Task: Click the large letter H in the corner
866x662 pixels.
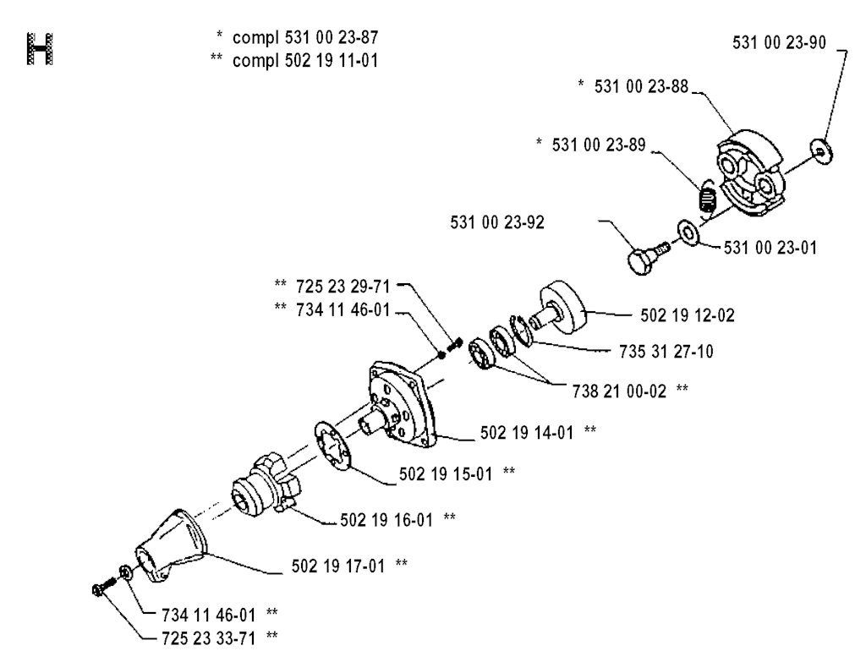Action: [40, 49]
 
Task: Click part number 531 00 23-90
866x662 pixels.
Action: [779, 42]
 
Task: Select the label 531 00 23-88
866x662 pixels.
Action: [641, 87]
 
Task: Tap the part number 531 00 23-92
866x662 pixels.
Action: [497, 222]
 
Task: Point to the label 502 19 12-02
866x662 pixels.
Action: [687, 315]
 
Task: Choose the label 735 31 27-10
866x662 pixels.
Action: [666, 351]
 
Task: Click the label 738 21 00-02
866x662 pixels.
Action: [619, 391]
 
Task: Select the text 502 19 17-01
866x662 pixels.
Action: [337, 566]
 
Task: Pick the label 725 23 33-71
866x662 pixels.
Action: [209, 638]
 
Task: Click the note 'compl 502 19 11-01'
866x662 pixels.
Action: [305, 60]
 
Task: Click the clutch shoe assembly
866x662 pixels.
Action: [751, 172]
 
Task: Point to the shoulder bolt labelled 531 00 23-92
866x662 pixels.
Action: [648, 258]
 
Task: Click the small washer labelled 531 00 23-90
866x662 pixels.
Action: [820, 150]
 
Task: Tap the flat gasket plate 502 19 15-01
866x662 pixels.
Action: [333, 446]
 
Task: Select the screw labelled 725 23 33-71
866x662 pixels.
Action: [103, 587]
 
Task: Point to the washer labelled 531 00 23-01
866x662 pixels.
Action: [688, 233]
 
